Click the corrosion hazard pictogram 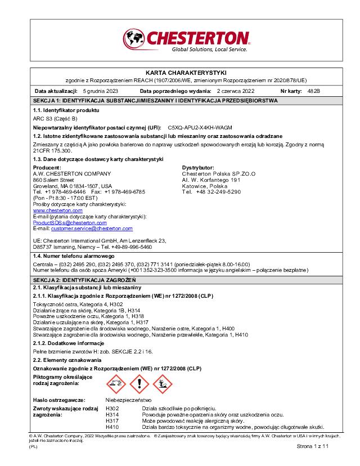click(116, 384)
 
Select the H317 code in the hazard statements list click(112, 420)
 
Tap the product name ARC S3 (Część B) click(55, 119)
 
